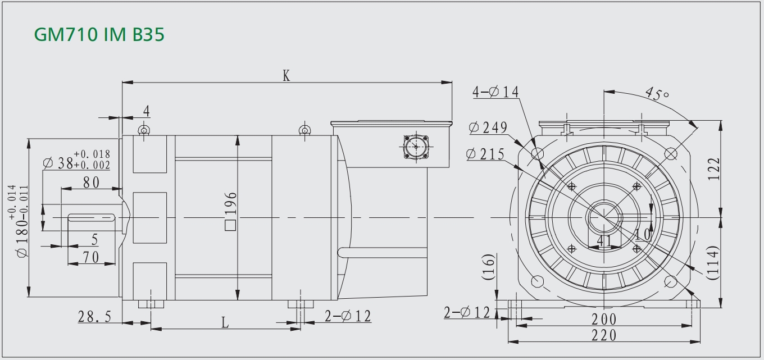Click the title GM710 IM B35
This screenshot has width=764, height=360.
tap(99, 34)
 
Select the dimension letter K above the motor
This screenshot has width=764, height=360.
tap(286, 76)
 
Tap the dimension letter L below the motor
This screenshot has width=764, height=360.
tap(225, 322)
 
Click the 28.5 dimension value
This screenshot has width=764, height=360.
tap(95, 317)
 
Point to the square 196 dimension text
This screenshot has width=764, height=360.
tap(230, 211)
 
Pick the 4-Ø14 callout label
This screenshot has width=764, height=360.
tap(495, 92)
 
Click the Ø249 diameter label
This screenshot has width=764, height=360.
tap(488, 127)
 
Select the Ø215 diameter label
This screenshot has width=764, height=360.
tap(485, 154)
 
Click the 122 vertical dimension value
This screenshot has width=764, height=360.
tap(713, 169)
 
